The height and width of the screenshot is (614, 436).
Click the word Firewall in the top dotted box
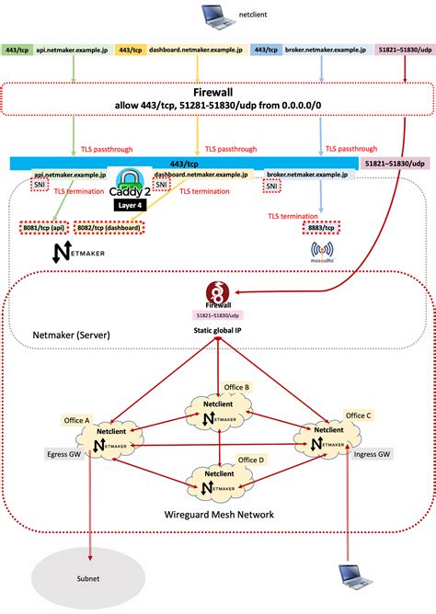coord(218,94)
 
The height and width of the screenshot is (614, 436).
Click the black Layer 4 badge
coord(127,205)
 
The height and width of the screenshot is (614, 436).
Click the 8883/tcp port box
coord(321,226)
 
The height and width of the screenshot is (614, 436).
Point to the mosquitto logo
coord(321,252)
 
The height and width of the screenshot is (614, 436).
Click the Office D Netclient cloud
coord(218,482)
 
